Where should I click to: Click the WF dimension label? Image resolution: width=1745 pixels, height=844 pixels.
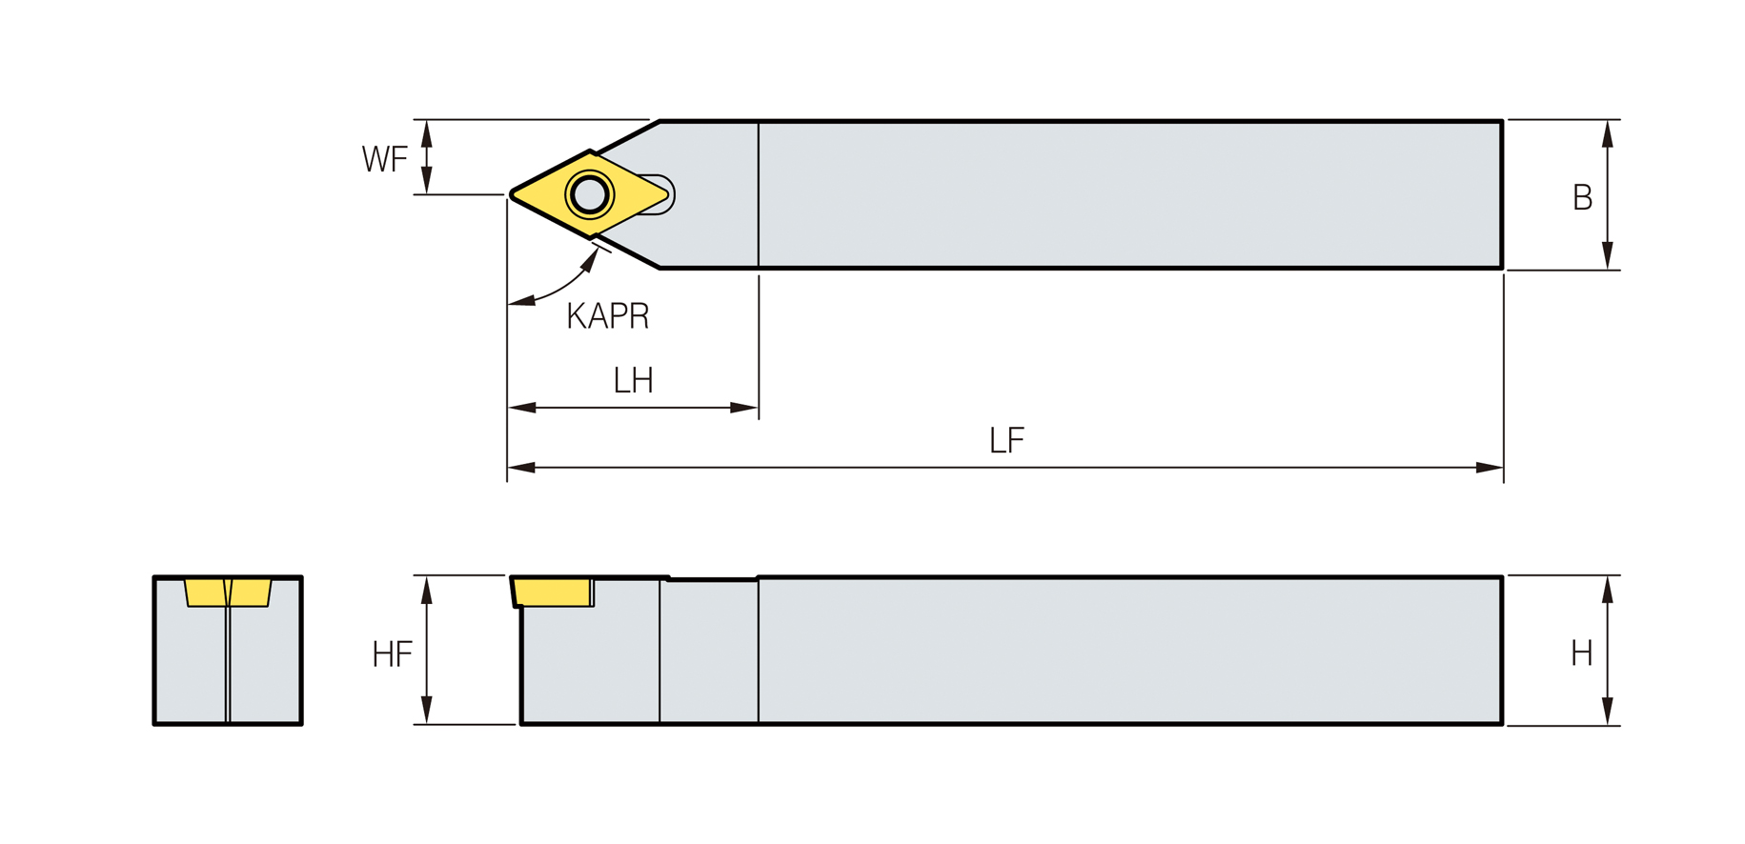pyautogui.click(x=384, y=158)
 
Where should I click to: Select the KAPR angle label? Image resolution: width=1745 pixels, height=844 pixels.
pyautogui.click(x=607, y=315)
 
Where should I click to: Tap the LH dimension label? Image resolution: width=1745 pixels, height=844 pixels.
pyautogui.click(x=633, y=381)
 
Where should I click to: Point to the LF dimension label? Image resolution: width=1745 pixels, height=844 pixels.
pyautogui.click(x=1006, y=440)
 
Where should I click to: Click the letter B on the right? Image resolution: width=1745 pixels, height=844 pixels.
pyautogui.click(x=1582, y=197)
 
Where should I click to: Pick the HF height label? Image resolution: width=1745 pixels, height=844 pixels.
pyautogui.click(x=392, y=654)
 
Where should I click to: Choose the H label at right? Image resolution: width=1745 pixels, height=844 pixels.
pyautogui.click(x=1581, y=653)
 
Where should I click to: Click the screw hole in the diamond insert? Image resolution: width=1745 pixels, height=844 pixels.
pyautogui.click(x=590, y=194)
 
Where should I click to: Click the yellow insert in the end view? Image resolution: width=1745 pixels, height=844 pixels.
pyautogui.click(x=228, y=593)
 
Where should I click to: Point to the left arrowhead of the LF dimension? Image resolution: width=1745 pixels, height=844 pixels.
pyautogui.click(x=521, y=468)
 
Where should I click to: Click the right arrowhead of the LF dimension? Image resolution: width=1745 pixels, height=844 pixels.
pyautogui.click(x=1490, y=468)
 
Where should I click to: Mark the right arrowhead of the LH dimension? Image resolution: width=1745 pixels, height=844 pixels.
pyautogui.click(x=744, y=408)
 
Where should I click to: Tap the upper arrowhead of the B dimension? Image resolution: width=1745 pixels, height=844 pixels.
pyautogui.click(x=1607, y=133)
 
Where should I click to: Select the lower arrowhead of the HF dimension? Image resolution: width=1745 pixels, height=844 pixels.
pyautogui.click(x=426, y=710)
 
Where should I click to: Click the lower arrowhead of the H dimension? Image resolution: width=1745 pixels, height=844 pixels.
pyautogui.click(x=1607, y=711)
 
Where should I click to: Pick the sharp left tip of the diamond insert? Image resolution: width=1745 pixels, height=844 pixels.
pyautogui.click(x=512, y=194)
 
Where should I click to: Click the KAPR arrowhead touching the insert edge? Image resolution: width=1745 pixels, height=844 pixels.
pyautogui.click(x=590, y=259)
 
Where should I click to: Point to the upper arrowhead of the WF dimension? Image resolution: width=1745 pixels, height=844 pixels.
pyautogui.click(x=426, y=133)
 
